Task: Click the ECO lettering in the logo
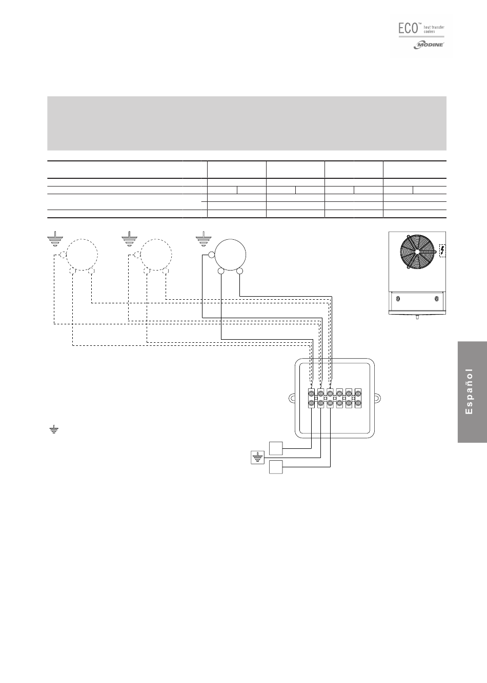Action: (408, 29)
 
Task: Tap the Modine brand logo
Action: (429, 45)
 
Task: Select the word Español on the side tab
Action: (469, 391)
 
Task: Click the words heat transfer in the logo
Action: (434, 28)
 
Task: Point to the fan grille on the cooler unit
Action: (417, 251)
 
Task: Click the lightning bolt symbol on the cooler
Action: (442, 251)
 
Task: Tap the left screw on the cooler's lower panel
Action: (398, 299)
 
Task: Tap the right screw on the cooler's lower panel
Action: (436, 299)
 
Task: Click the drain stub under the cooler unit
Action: (417, 317)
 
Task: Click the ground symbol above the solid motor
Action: (203, 239)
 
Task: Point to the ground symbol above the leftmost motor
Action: (55, 239)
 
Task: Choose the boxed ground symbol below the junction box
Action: (257, 458)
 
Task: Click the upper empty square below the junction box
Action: (276, 448)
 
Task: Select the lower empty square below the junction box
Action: (276, 467)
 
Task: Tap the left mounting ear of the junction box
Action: (292, 398)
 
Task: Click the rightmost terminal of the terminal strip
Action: (358, 398)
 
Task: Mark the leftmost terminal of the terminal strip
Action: (311, 398)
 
